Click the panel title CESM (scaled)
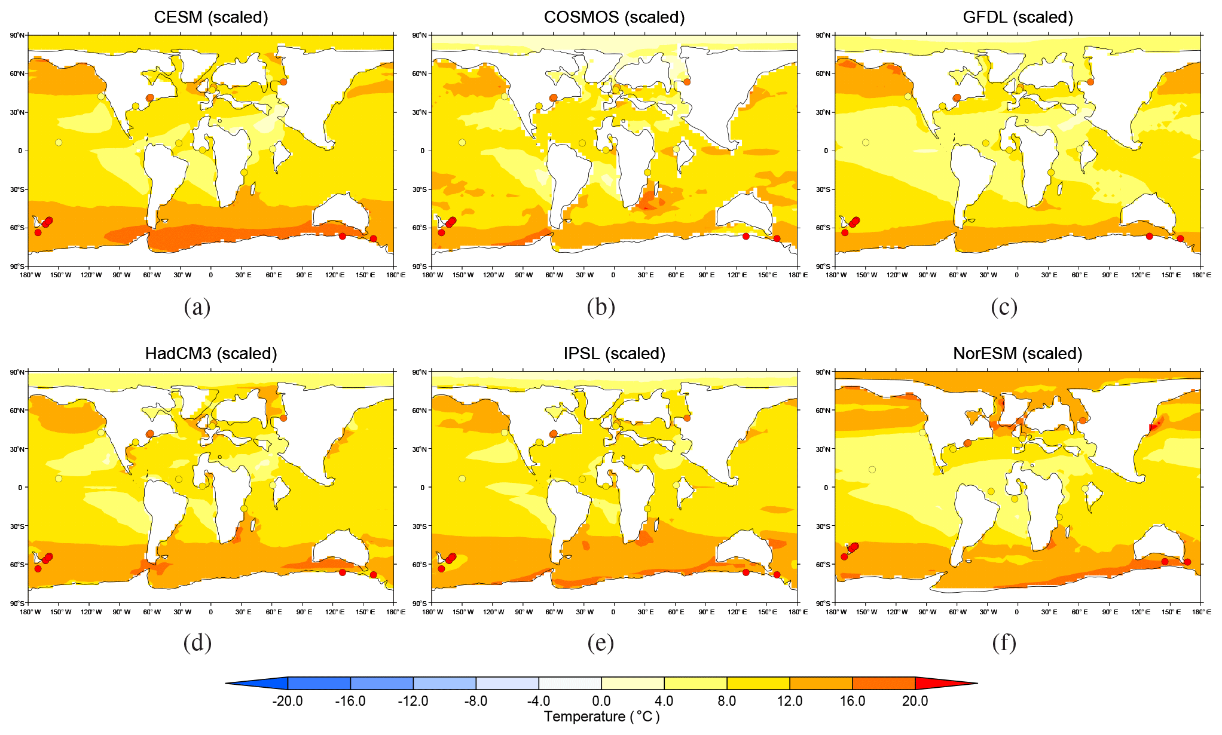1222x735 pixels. tap(210, 17)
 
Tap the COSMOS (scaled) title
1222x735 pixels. tap(614, 17)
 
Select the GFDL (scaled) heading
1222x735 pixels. tap(1018, 17)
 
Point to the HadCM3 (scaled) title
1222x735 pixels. tap(210, 354)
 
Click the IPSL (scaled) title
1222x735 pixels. tap(614, 354)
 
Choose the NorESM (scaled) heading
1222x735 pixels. tap(1018, 354)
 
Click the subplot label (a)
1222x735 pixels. tap(197, 307)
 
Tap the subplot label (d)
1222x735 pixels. tap(197, 643)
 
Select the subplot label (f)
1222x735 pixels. tap(1004, 643)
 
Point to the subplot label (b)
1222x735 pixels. tap(601, 307)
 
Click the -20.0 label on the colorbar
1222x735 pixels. tap(287, 701)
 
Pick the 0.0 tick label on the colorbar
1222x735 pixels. tap(601, 701)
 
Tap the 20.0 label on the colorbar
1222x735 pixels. tap(915, 701)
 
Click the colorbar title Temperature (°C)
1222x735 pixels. tap(601, 716)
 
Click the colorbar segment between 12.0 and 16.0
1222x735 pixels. tap(821, 683)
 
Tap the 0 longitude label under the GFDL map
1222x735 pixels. tap(1017, 275)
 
